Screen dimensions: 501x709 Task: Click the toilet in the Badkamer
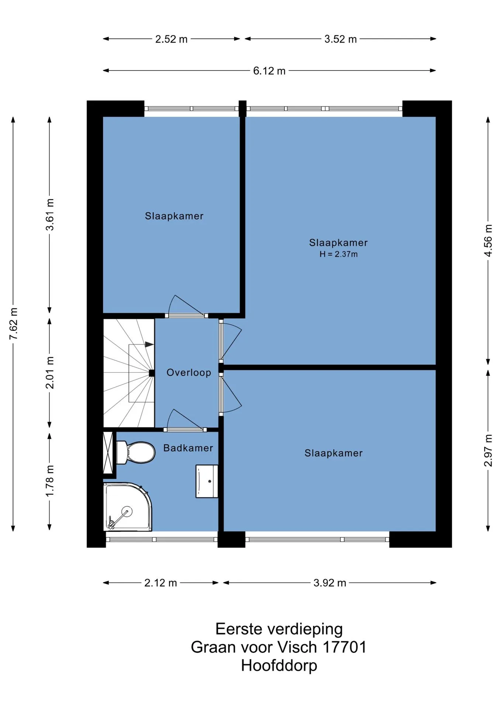point(136,452)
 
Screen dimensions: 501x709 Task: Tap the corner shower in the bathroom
point(127,507)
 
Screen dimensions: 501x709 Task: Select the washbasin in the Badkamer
point(207,481)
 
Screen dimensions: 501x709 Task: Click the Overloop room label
point(189,373)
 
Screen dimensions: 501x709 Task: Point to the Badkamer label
point(188,448)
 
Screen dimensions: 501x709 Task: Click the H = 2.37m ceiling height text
point(339,254)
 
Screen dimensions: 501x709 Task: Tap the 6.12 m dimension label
point(269,71)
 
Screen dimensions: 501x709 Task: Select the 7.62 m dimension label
point(14,323)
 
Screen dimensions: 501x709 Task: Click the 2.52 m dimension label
point(172,39)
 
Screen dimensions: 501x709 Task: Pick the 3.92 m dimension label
point(330,583)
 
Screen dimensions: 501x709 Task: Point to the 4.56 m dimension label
point(488,240)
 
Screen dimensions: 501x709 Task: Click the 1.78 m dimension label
point(50,481)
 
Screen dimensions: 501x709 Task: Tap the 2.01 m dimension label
point(50,373)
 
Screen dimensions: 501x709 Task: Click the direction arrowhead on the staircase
point(149,345)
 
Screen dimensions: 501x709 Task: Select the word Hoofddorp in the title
point(279,666)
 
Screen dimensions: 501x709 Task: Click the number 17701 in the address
point(345,647)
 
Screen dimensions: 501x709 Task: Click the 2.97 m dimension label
point(488,451)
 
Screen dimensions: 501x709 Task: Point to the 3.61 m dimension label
point(50,215)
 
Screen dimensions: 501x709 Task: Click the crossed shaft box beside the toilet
point(108,452)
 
